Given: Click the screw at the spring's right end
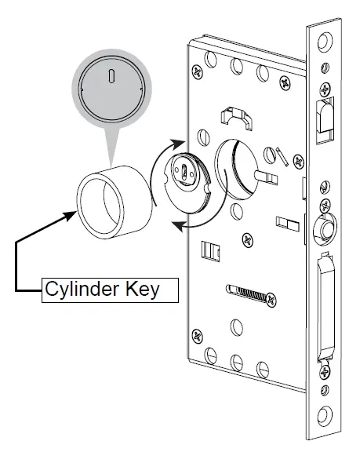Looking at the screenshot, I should tap(271, 298).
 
